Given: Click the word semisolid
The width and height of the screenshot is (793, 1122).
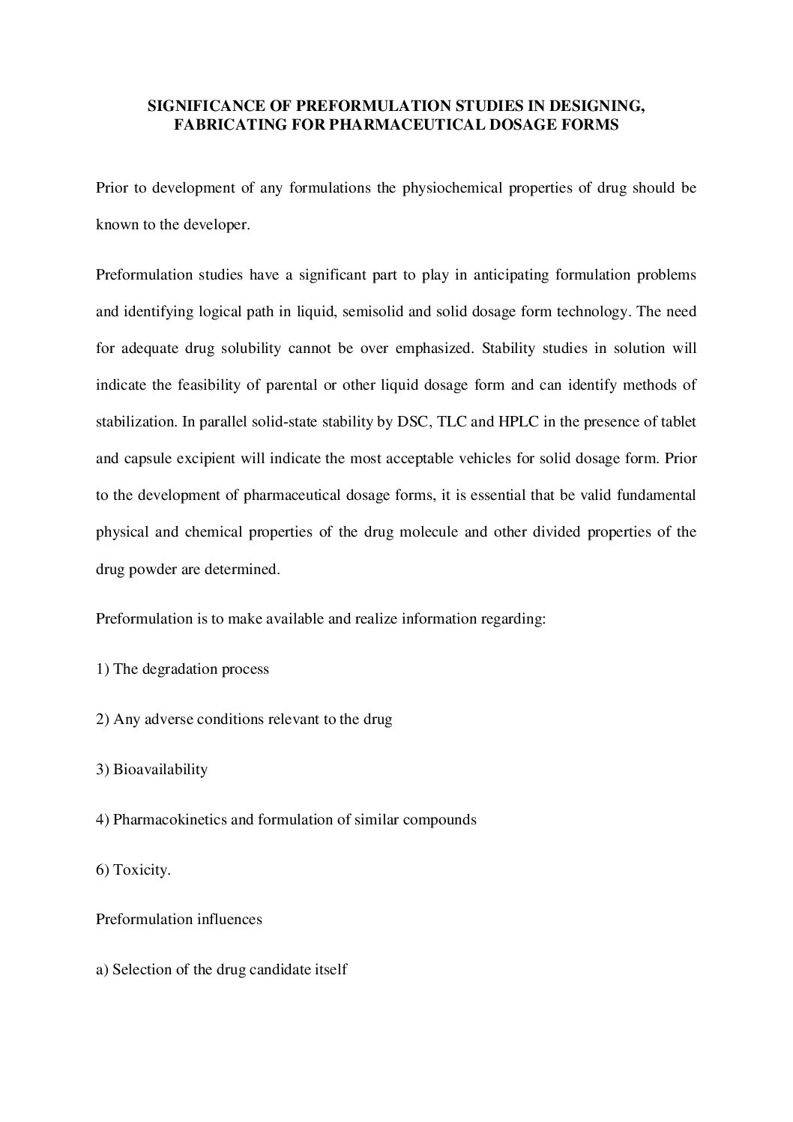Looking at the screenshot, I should click(376, 312).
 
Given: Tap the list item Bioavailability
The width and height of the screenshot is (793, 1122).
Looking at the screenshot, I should click(160, 770).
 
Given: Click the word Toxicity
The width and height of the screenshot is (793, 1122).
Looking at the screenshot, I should click(142, 870).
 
